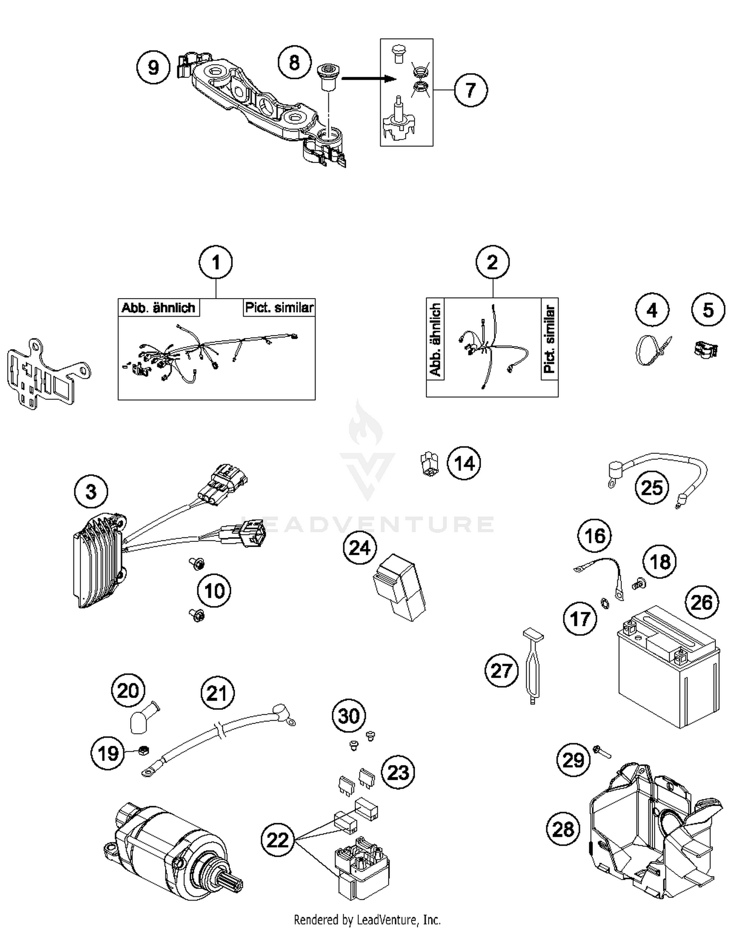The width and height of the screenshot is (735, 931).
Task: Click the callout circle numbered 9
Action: click(x=153, y=67)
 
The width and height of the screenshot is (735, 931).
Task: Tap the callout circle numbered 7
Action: click(x=470, y=90)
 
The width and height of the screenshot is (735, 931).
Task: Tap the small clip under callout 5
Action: click(x=706, y=350)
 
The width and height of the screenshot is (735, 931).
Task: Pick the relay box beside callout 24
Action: click(x=399, y=587)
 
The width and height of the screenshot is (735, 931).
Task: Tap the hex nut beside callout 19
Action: click(x=144, y=750)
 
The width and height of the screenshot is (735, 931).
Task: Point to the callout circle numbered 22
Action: click(x=277, y=840)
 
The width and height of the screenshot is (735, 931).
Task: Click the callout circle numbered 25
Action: click(x=652, y=488)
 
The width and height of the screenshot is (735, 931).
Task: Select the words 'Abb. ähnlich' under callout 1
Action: click(x=158, y=308)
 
